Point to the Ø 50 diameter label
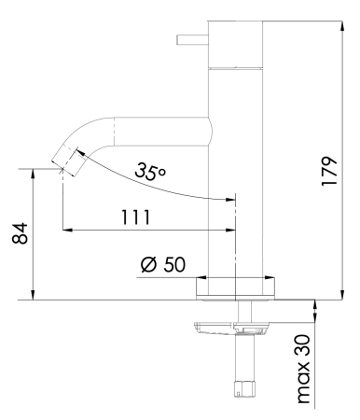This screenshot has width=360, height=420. coord(162,264)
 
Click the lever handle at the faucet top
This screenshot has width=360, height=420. coord(191,40)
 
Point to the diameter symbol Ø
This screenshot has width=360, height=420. coord(148,264)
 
